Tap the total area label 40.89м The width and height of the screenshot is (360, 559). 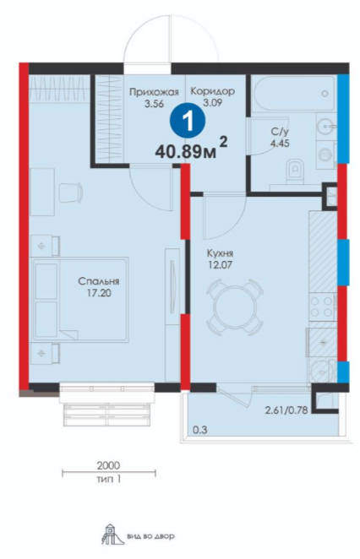pos(186,152)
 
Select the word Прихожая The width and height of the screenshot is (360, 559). pos(154,93)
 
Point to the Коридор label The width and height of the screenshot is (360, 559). pos(213,91)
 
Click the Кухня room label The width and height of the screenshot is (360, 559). pos(220,253)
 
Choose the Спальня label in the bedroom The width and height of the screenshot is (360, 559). pos(99,281)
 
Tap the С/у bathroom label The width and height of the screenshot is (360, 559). pos(280,132)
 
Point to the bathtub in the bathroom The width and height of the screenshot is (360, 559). pos(293,94)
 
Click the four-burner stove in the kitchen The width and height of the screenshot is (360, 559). pos(323,307)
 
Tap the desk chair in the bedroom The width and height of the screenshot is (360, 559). pos(71,193)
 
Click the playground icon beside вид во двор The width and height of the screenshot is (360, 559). pos(112,534)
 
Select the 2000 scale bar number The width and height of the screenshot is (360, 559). pos(108,465)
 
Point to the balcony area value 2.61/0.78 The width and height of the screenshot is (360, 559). pos(286,410)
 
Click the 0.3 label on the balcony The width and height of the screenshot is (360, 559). pos(199,430)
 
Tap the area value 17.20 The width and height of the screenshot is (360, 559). pos(99,293)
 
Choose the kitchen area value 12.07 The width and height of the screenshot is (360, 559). pos(220,265)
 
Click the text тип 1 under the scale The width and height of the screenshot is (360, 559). pos(108,479)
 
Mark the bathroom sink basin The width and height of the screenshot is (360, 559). pos(325,126)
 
